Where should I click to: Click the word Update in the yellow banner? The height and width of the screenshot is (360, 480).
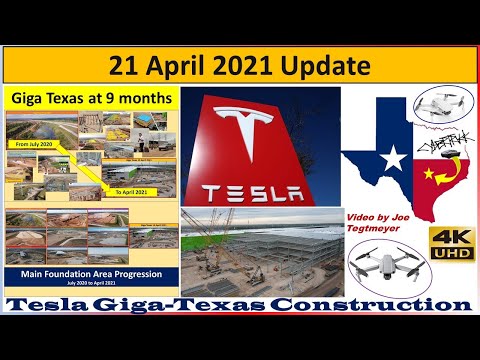[321, 66]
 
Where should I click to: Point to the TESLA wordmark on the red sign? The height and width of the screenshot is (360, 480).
[259, 191]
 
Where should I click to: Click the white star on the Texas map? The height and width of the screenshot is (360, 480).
[395, 157]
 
